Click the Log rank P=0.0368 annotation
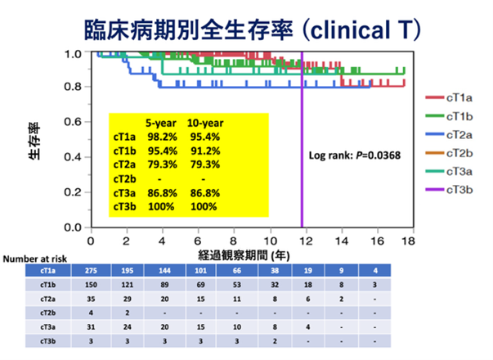pyautogui.click(x=354, y=154)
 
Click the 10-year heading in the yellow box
pyautogui.click(x=204, y=123)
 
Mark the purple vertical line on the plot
pyautogui.click(x=303, y=147)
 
